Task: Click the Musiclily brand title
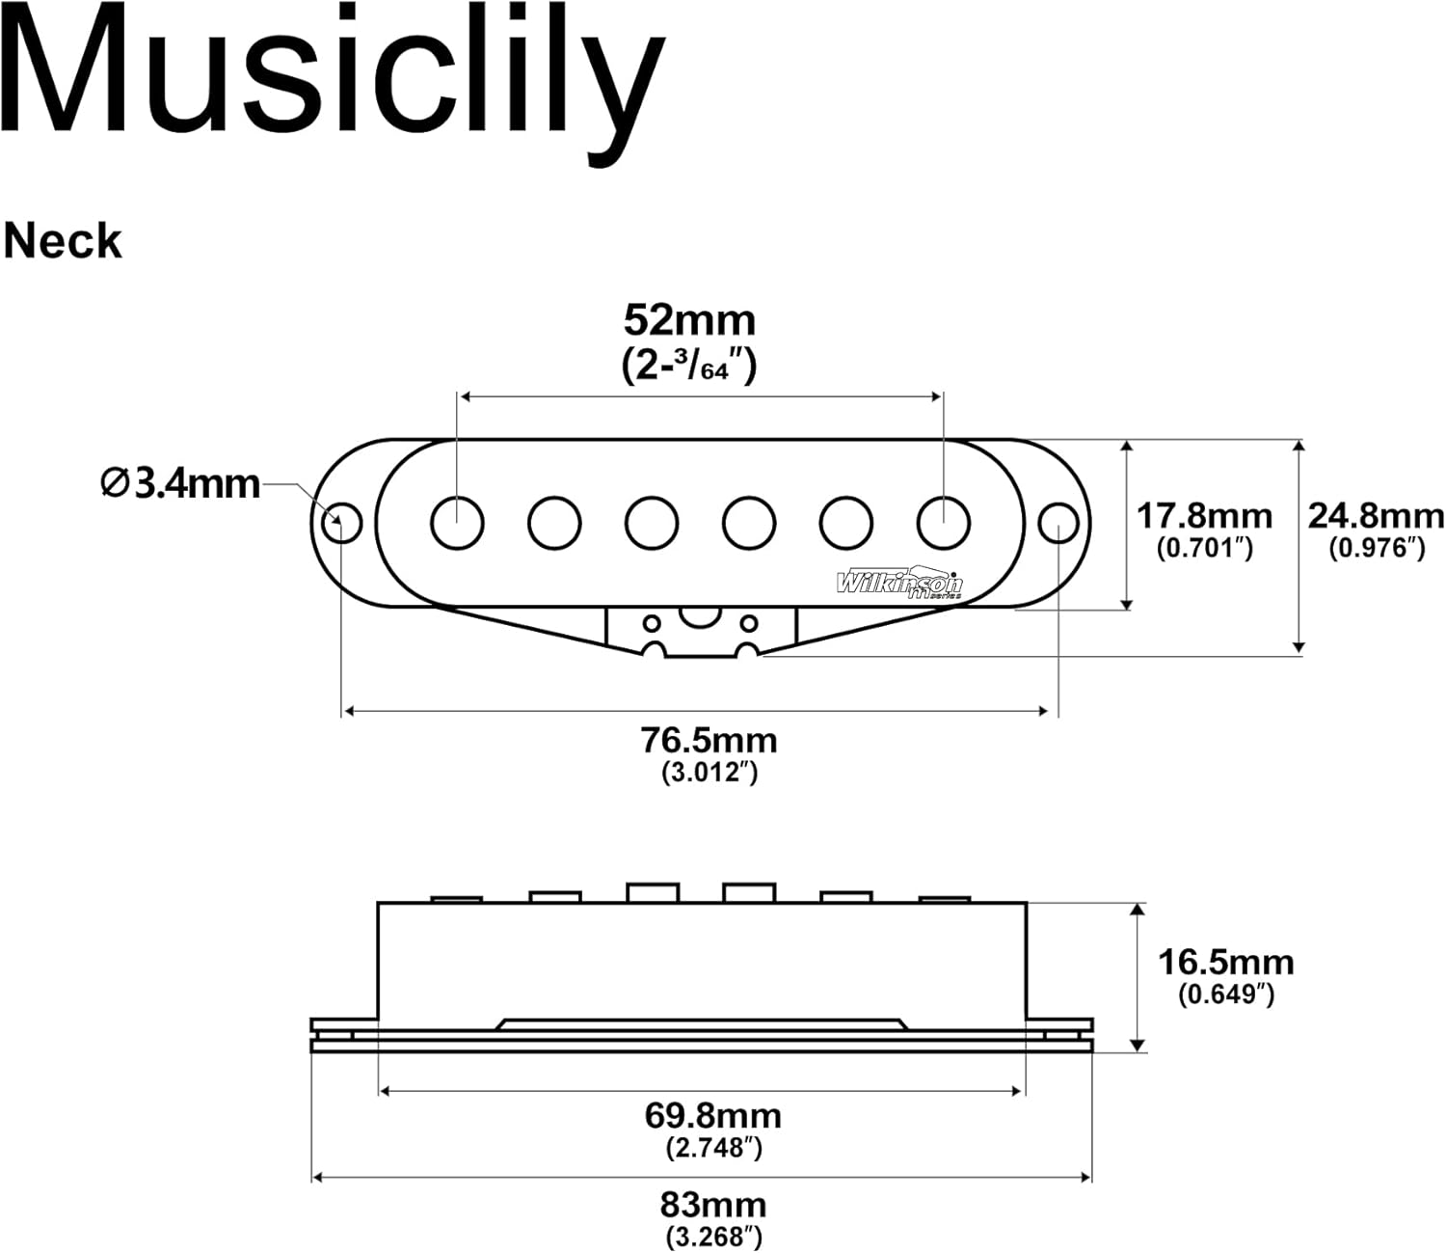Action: click(333, 77)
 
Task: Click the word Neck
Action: click(63, 241)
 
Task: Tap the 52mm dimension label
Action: click(689, 319)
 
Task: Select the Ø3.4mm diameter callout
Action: click(181, 482)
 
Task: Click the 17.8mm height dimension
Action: click(1204, 516)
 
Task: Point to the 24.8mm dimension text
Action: click(1376, 516)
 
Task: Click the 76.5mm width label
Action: click(709, 740)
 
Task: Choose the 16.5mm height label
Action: click(1225, 962)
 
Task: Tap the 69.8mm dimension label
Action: click(712, 1115)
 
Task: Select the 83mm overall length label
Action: click(712, 1204)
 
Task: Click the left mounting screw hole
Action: click(341, 523)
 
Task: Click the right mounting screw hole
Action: click(1058, 523)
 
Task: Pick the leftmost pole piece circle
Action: click(457, 522)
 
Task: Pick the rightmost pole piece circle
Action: click(943, 522)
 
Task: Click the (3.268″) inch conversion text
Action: click(712, 1236)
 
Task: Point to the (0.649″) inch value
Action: click(1225, 994)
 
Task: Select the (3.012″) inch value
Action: click(709, 772)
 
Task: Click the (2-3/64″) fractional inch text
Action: click(689, 366)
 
